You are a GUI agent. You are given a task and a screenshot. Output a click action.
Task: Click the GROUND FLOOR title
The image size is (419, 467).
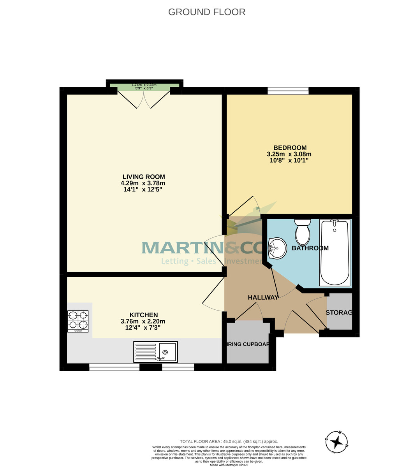click(x=207, y=12)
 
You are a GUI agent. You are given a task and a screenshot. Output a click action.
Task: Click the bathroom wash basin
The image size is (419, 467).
click(x=277, y=248)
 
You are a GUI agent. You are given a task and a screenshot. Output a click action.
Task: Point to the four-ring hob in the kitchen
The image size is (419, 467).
click(x=78, y=321)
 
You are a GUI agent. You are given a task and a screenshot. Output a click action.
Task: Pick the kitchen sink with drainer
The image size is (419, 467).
click(x=155, y=352)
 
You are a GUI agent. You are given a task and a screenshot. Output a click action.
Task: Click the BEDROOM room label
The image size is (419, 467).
click(x=290, y=148)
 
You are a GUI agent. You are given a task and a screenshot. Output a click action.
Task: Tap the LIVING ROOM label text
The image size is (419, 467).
click(x=144, y=177)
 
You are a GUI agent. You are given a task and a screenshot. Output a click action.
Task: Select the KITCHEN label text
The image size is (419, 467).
click(x=144, y=315)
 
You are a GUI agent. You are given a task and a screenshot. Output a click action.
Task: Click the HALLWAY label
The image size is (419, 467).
click(x=263, y=297)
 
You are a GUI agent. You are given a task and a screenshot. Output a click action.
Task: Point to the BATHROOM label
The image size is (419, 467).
click(x=310, y=248)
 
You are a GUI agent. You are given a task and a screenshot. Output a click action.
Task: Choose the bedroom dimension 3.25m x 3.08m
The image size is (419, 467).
click(x=289, y=154)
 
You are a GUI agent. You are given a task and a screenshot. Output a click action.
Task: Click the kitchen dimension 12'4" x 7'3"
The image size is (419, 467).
click(x=143, y=328)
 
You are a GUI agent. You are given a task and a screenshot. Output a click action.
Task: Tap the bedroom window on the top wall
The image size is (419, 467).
click(x=288, y=91)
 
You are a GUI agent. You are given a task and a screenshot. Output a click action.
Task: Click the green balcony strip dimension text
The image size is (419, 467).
click(x=144, y=86)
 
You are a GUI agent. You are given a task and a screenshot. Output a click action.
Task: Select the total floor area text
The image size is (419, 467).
click(x=229, y=441)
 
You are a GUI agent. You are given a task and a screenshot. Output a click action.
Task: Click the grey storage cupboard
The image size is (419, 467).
click(x=339, y=311)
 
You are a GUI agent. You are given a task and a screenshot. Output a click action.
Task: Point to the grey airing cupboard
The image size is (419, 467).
click(x=248, y=342)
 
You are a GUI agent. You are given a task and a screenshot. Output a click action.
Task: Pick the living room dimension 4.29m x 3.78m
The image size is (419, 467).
click(x=143, y=183)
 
